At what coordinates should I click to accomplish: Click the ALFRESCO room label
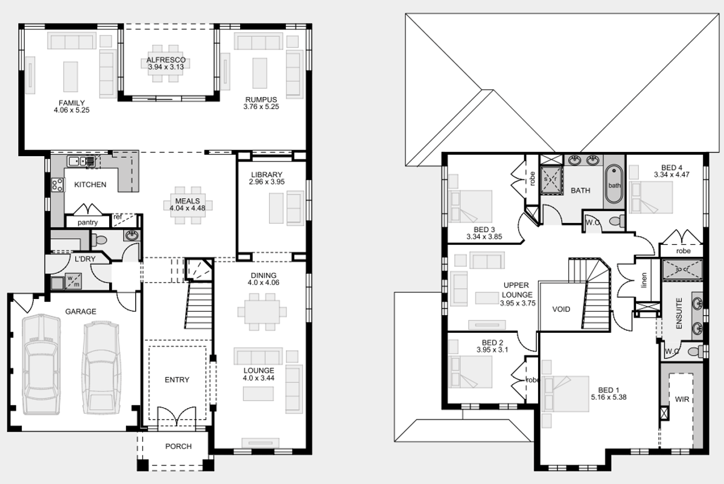coord(166,60)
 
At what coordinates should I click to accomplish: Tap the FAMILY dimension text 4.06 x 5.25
coord(71,110)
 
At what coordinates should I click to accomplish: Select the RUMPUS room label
coord(261,100)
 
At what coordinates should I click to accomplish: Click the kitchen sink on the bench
coord(81,161)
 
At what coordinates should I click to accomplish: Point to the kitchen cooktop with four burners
coord(57,185)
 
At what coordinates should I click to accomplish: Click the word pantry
coord(87,222)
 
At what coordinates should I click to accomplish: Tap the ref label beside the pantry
coord(118,216)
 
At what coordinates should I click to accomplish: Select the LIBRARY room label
coord(267,175)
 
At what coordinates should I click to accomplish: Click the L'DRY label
coord(85,259)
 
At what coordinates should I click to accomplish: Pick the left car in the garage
coord(42,364)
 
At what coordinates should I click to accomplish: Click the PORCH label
coord(179,446)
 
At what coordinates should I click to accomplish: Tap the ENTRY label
coord(177,380)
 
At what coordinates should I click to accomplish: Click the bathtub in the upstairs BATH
coord(614,184)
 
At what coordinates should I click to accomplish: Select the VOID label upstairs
coord(561,309)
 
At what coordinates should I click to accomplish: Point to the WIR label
coord(682,400)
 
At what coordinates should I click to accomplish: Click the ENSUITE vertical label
coord(679,313)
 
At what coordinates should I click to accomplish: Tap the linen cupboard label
coord(644,280)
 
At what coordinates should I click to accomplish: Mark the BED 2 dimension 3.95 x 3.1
coord(492,350)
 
